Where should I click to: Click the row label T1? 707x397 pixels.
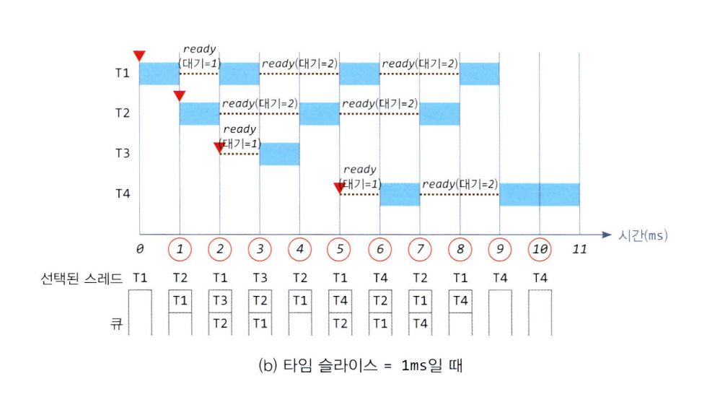point(123,74)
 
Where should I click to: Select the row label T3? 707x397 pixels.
point(123,154)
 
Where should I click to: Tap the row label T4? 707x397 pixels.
point(123,194)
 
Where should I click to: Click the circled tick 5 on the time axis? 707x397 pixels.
point(339,250)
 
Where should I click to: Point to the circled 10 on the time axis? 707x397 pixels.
point(540,250)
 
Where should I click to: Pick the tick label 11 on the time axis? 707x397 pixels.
point(579,250)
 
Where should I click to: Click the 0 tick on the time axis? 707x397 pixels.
point(140,250)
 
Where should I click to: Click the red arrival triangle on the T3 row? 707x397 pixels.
point(220,148)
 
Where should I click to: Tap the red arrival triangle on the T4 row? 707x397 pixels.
point(340,188)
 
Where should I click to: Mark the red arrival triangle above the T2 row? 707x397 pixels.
point(180,96)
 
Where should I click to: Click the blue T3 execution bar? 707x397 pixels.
point(279,154)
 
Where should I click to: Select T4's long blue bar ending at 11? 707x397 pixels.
point(540,194)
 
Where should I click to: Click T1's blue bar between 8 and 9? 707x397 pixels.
point(479,74)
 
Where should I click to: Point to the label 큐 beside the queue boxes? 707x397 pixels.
point(116,324)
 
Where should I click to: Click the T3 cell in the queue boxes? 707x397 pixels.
point(220,301)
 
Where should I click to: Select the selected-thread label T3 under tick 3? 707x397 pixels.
point(260,277)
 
